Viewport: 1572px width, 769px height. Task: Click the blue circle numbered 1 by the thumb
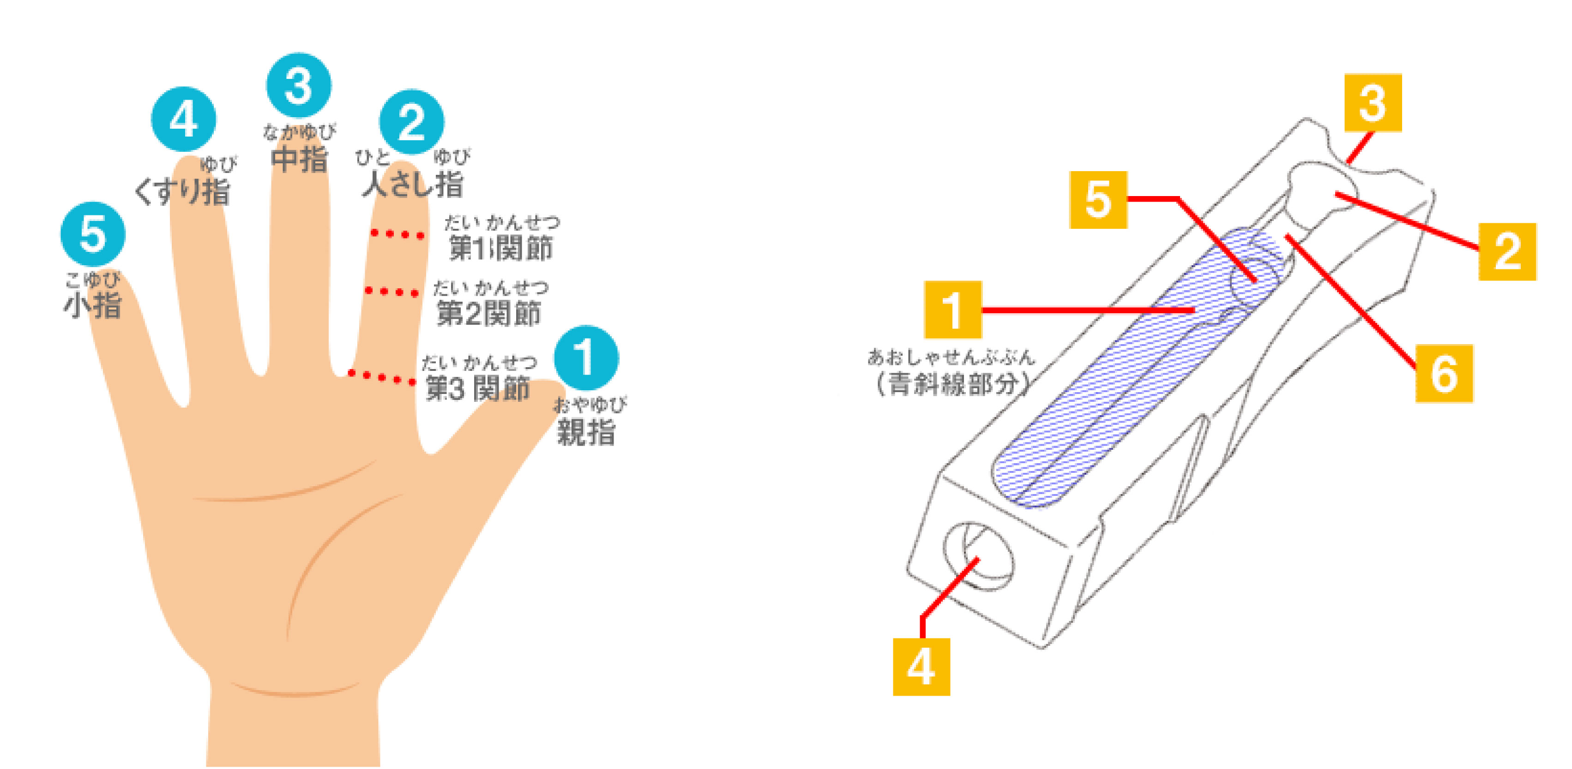pyautogui.click(x=586, y=358)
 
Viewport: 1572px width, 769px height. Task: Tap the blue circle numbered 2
pyautogui.click(x=411, y=122)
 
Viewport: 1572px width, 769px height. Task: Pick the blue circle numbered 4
pyautogui.click(x=184, y=119)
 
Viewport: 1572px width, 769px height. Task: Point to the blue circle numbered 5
pyautogui.click(x=93, y=234)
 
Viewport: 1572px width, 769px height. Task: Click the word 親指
pyautogui.click(x=585, y=432)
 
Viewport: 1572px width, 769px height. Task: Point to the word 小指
pyautogui.click(x=93, y=305)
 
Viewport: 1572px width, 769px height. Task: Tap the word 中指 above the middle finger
pyautogui.click(x=299, y=160)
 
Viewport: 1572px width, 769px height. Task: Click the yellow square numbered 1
pyautogui.click(x=952, y=310)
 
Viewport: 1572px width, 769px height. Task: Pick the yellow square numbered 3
pyautogui.click(x=1373, y=102)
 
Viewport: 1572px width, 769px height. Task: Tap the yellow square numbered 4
pyautogui.click(x=921, y=667)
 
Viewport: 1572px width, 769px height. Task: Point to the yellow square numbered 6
pyautogui.click(x=1443, y=373)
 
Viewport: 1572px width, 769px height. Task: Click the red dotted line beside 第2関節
pyautogui.click(x=392, y=292)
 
